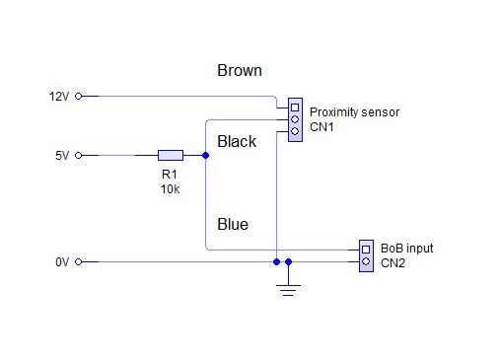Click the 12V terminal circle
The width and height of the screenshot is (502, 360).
pyautogui.click(x=78, y=97)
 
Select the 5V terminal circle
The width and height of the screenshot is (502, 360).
pyautogui.click(x=78, y=155)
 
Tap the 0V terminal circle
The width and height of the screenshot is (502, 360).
pyautogui.click(x=78, y=262)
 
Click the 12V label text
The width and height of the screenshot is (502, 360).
pyautogui.click(x=59, y=97)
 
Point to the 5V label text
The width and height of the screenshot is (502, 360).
pyautogui.click(x=62, y=155)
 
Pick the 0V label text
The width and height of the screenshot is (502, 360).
pyautogui.click(x=62, y=262)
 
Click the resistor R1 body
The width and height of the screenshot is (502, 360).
pyautogui.click(x=171, y=155)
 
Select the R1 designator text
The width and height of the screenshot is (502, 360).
pyautogui.click(x=170, y=175)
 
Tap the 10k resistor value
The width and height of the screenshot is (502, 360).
pyautogui.click(x=170, y=189)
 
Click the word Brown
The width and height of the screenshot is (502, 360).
pyautogui.click(x=240, y=70)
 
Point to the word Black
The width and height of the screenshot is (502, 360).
pyautogui.click(x=237, y=141)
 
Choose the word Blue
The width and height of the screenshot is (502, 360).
pyautogui.click(x=233, y=224)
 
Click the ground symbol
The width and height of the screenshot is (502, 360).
pyautogui.click(x=288, y=290)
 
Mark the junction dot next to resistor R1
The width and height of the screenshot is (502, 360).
pyautogui.click(x=205, y=155)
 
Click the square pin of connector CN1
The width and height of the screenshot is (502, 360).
pyautogui.click(x=295, y=108)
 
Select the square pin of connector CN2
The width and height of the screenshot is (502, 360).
pyautogui.click(x=366, y=250)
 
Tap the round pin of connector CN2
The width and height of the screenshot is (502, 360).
pyautogui.click(x=366, y=261)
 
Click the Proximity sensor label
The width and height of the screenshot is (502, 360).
pyautogui.click(x=354, y=112)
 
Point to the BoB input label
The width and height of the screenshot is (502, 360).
pyautogui.click(x=407, y=249)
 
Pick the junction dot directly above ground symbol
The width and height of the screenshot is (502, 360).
pyautogui.click(x=288, y=262)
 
